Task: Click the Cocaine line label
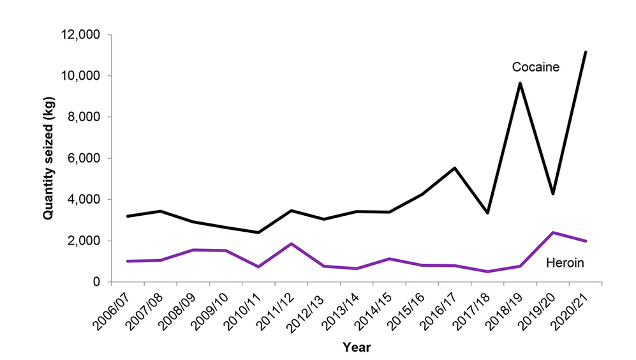point(535,67)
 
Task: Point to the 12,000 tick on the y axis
point(85,34)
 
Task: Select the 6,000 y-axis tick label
point(88,158)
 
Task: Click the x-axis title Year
point(356,348)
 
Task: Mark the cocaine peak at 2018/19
point(521,84)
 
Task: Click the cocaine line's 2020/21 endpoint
point(586,52)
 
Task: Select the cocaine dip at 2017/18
point(487,213)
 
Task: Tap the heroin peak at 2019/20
point(553,232)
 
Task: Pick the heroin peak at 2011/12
point(291,243)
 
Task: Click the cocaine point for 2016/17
point(455,168)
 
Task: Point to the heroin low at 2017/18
point(487,271)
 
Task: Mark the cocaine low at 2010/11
point(258,232)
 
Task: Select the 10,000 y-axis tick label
point(85,76)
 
